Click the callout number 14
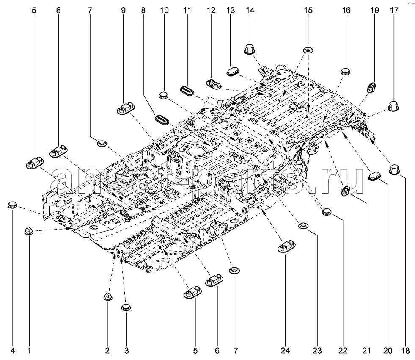point(250,10)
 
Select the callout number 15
point(308,10)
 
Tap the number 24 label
point(285,351)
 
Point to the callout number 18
point(405,351)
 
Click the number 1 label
point(29,351)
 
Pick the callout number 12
point(211,10)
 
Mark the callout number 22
point(343,351)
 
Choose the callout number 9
point(123,10)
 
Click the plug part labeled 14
point(249,49)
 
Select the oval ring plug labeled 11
point(187,90)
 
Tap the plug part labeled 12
point(214,84)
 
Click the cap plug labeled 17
point(393,106)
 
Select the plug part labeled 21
point(345,191)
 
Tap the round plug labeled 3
point(126,307)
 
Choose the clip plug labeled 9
point(126,108)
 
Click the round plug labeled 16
point(345,71)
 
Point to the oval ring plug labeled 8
point(162,119)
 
